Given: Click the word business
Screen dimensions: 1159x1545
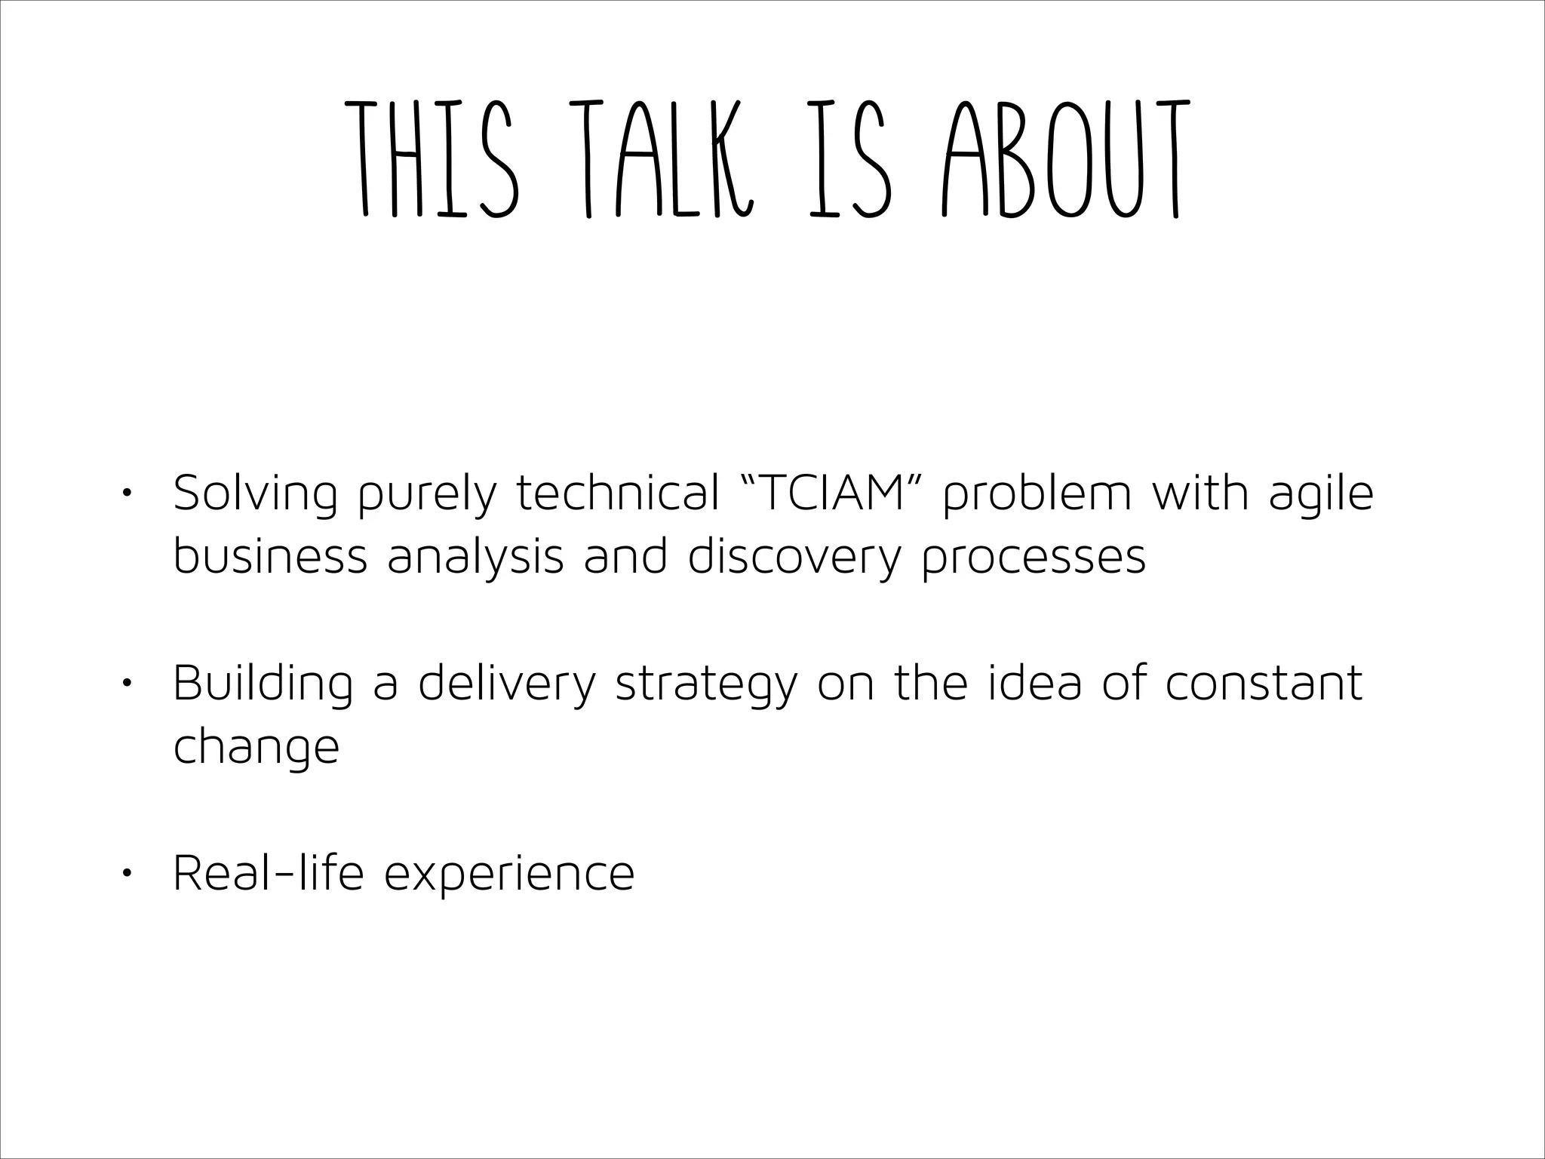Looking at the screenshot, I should pyautogui.click(x=270, y=557).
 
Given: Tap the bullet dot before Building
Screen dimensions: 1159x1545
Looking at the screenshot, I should pyautogui.click(x=126, y=684).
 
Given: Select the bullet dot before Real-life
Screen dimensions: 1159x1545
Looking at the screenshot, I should pyautogui.click(x=126, y=873).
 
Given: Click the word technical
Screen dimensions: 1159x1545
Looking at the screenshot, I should pyautogui.click(x=618, y=493).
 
